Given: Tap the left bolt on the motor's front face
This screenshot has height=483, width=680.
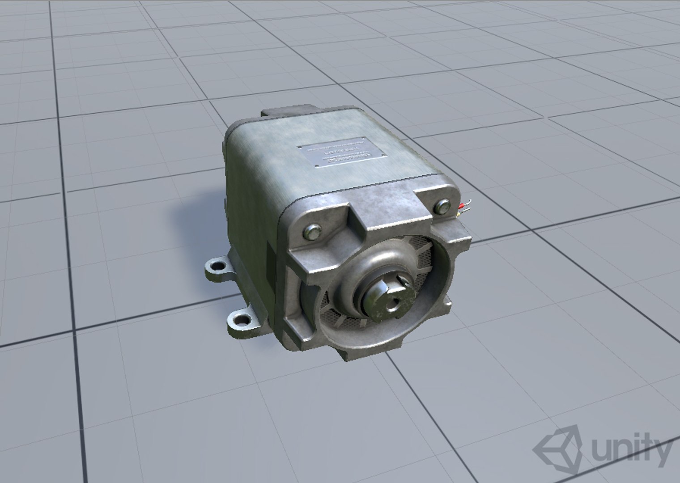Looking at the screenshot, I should point(311,232).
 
